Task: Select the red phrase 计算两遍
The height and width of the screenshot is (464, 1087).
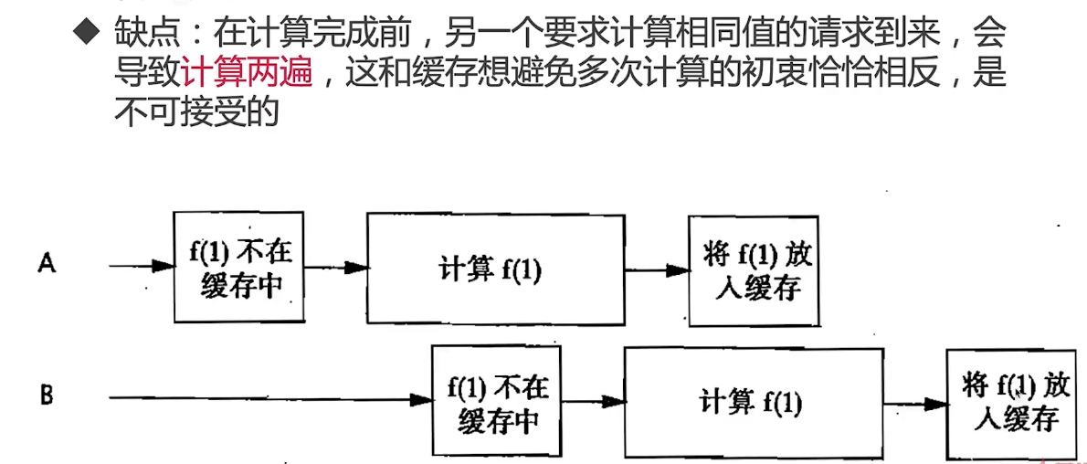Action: [248, 73]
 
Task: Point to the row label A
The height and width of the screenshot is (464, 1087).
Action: [47, 264]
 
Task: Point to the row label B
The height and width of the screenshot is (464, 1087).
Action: [47, 396]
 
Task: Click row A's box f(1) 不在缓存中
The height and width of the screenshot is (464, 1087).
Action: [237, 267]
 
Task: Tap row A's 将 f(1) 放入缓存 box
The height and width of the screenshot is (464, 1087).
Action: [752, 270]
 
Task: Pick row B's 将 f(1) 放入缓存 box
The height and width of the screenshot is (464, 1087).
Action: [1012, 403]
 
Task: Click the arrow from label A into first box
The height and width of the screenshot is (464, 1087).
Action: [142, 266]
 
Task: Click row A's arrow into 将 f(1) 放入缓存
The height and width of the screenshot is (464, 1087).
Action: [656, 270]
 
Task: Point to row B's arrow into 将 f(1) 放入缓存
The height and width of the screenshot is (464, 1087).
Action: [914, 404]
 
